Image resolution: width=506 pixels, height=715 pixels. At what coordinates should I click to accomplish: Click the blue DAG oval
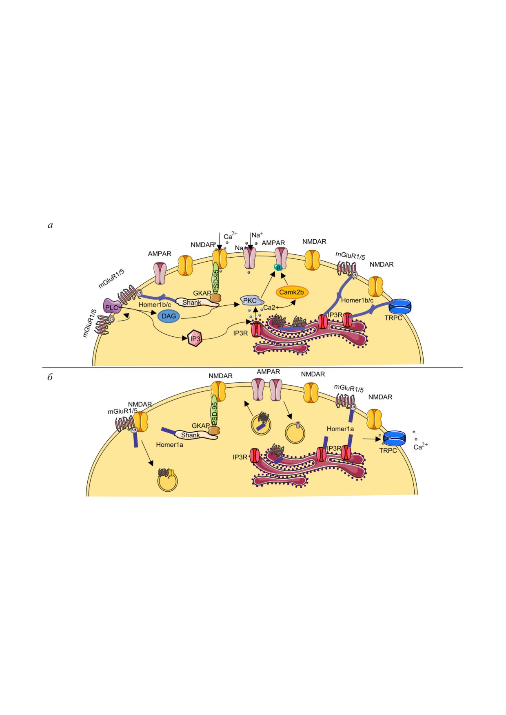tap(169, 316)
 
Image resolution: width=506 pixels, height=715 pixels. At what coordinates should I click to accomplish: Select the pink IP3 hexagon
tap(195, 338)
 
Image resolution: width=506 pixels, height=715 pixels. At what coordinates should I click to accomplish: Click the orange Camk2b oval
tap(292, 292)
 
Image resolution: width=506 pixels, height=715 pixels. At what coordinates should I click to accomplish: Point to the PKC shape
tap(250, 301)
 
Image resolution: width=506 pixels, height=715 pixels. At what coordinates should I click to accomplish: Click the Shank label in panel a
tap(192, 302)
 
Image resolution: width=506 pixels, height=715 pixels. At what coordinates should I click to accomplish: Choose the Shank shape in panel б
tap(192, 435)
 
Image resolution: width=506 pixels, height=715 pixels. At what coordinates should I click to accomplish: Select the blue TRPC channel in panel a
tap(400, 306)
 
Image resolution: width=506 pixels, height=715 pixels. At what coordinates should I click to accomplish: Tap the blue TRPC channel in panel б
tap(394, 438)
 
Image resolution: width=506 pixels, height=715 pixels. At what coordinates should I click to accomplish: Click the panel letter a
tap(50, 225)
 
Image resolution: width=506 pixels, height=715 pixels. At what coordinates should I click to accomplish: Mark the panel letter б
tap(50, 377)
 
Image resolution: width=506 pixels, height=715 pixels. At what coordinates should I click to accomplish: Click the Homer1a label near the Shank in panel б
tap(169, 445)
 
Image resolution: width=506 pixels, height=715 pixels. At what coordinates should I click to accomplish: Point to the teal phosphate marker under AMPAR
tap(278, 267)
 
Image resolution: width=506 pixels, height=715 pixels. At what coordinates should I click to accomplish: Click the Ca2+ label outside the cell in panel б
tap(421, 446)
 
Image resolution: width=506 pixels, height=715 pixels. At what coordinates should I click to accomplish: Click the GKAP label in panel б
tap(201, 426)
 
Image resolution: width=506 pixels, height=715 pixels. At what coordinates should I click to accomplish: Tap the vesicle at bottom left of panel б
tap(167, 480)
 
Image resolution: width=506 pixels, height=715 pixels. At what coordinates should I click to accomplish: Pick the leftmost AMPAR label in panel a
tap(160, 254)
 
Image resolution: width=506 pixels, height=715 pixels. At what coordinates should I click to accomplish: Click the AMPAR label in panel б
tap(269, 372)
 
